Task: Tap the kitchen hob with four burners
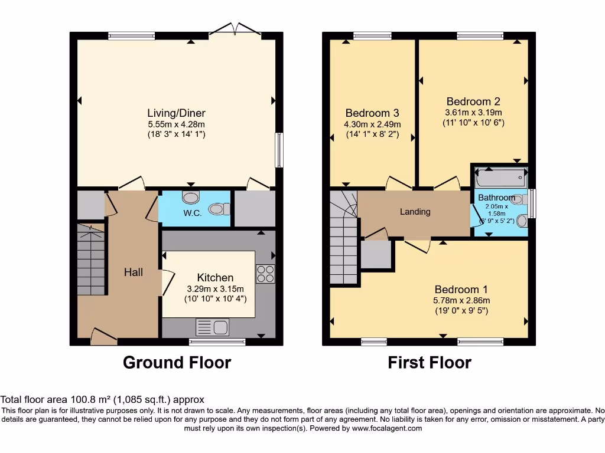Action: [x=265, y=274]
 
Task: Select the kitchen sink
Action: [x=213, y=327]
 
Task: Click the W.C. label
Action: [x=193, y=213]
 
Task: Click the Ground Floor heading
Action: [x=177, y=362]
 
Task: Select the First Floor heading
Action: [x=430, y=362]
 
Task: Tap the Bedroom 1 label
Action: [x=461, y=290]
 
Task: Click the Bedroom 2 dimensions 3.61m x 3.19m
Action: [x=473, y=112]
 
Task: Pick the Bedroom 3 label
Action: [x=372, y=113]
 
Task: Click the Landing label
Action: [x=415, y=212]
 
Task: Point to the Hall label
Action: [x=133, y=272]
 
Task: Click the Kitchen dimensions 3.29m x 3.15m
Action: [x=214, y=288]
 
